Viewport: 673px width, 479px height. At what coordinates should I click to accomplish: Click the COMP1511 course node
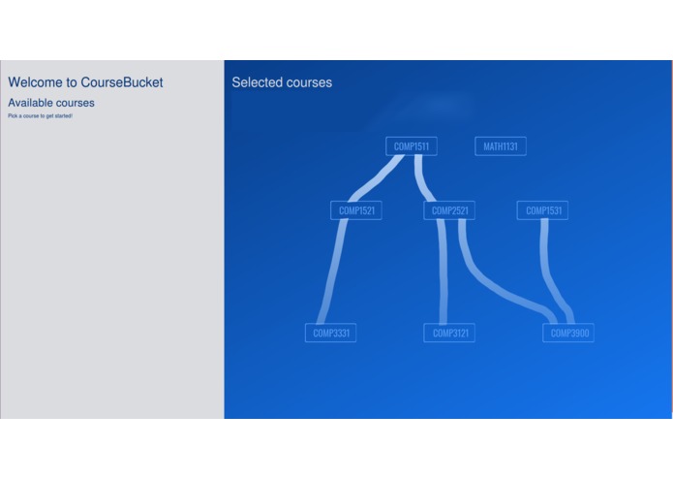pos(411,146)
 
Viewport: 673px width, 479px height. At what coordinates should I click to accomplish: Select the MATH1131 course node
pos(501,146)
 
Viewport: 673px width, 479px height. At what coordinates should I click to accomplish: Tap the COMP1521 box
pos(355,210)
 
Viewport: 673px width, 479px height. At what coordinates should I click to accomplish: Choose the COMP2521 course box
pos(449,210)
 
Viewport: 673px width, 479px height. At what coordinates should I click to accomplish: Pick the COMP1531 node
pos(542,210)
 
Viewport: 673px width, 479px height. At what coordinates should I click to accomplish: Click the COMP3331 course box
pos(330,333)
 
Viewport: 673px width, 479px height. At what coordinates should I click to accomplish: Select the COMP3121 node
pos(449,333)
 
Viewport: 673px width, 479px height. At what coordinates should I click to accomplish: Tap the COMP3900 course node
pos(568,333)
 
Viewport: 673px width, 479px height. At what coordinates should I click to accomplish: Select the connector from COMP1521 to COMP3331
pos(332,271)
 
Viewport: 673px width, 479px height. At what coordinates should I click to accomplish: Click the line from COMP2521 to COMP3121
pos(443,271)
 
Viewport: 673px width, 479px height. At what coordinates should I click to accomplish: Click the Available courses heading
pos(51,103)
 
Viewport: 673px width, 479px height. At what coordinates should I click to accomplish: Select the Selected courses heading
pos(282,82)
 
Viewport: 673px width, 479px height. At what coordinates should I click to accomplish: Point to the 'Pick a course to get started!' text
pos(40,116)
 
